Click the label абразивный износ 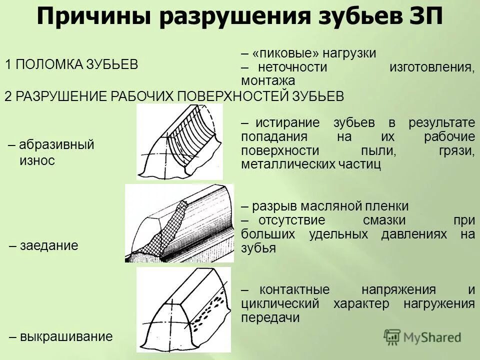click(51, 152)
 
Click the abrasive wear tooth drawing click(180, 142)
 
